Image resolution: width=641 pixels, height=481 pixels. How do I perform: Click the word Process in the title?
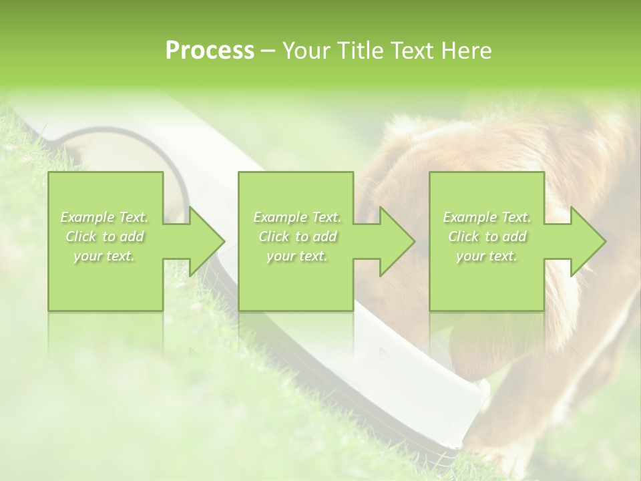[x=210, y=51]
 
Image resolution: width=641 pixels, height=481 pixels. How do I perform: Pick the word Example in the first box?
[x=87, y=217]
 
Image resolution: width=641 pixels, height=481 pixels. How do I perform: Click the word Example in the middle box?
[x=279, y=217]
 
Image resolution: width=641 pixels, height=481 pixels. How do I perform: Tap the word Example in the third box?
[x=469, y=217]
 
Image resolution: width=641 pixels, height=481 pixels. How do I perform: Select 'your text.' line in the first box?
[x=104, y=256]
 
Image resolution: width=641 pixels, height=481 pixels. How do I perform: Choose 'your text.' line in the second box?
[x=296, y=256]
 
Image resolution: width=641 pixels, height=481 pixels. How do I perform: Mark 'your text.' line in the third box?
[x=486, y=256]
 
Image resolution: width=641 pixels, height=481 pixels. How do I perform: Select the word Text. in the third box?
[x=515, y=217]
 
